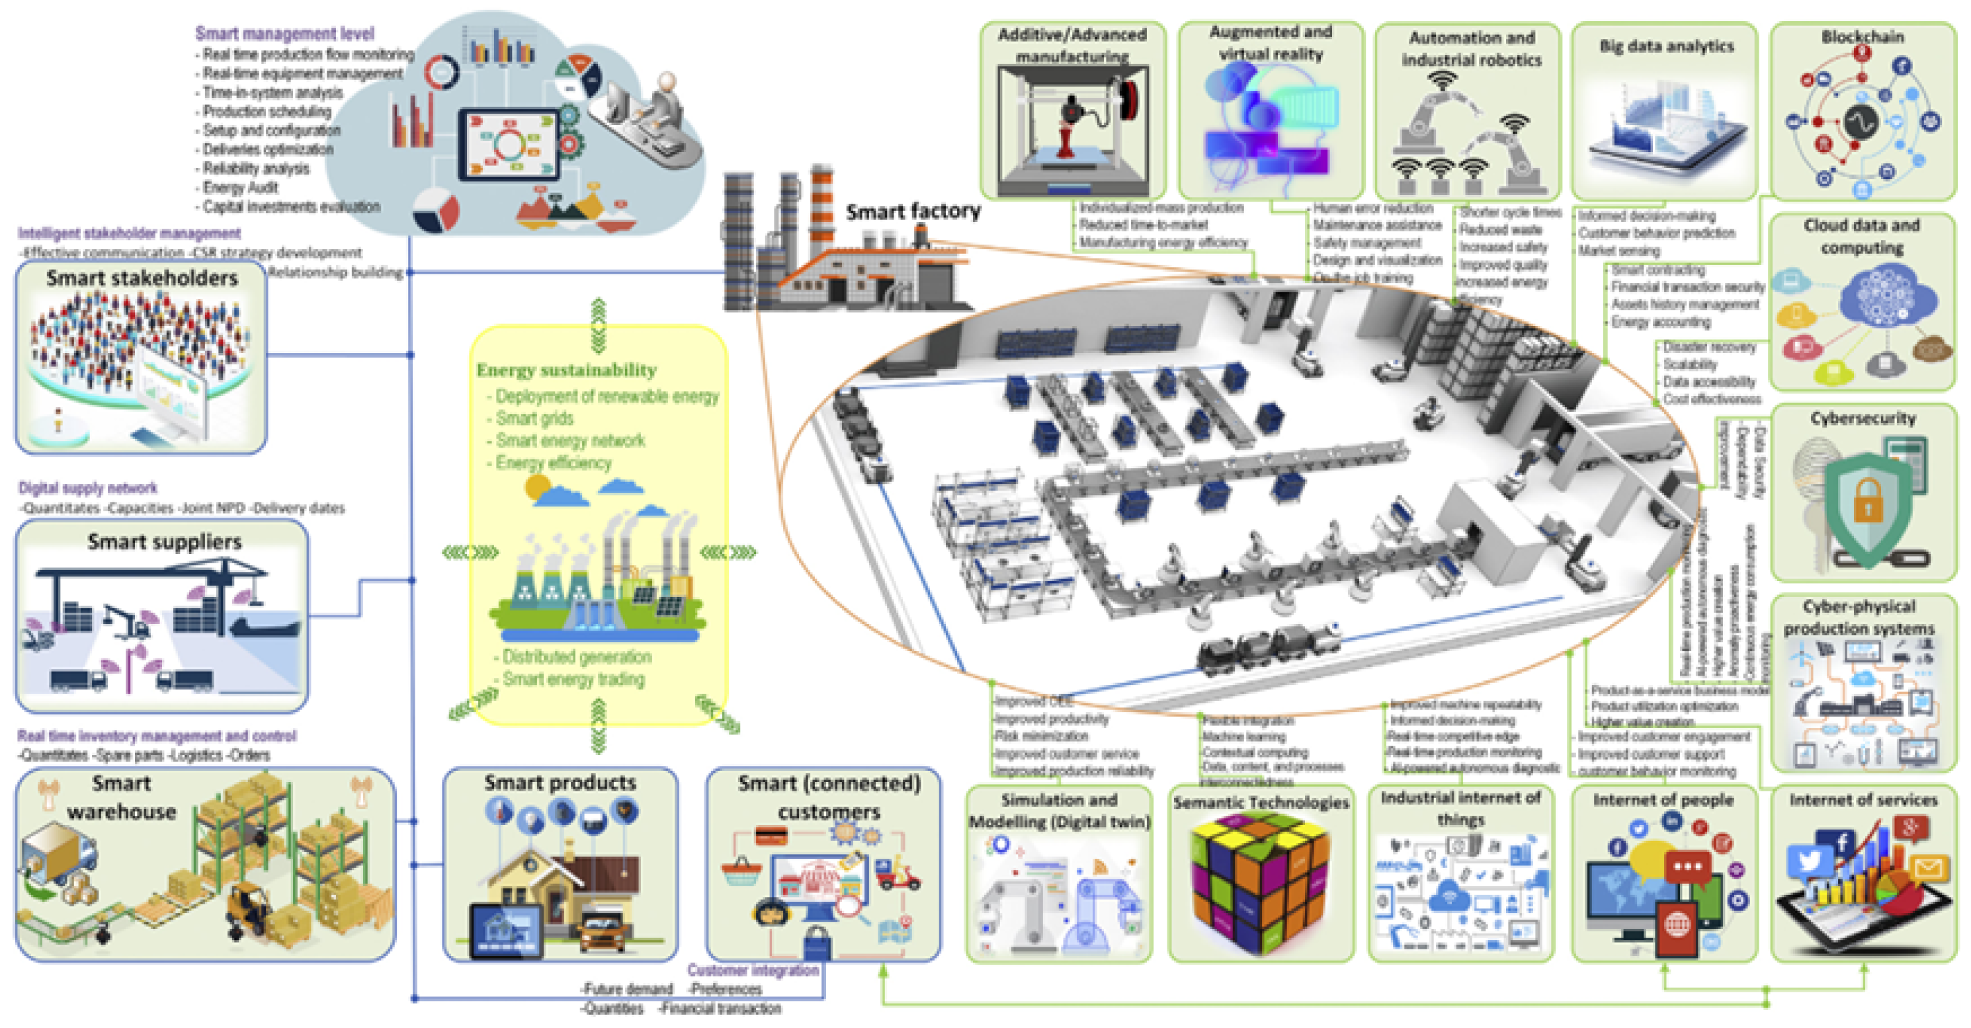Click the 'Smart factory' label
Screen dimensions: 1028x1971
click(x=913, y=211)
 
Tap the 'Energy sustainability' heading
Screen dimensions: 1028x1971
click(x=566, y=370)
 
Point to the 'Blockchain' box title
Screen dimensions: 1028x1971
click(x=1863, y=37)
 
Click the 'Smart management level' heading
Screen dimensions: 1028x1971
click(x=284, y=34)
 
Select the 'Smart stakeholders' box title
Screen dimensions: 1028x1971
click(x=142, y=278)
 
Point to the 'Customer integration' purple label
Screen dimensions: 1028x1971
click(x=753, y=970)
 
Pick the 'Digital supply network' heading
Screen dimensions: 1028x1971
click(x=88, y=488)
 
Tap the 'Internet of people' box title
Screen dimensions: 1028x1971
click(x=1663, y=800)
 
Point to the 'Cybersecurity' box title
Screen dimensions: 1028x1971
click(x=1863, y=418)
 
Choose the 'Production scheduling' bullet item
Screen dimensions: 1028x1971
click(x=267, y=112)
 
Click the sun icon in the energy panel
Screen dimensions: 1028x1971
click(x=538, y=487)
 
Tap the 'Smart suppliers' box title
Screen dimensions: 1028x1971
click(x=165, y=541)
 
